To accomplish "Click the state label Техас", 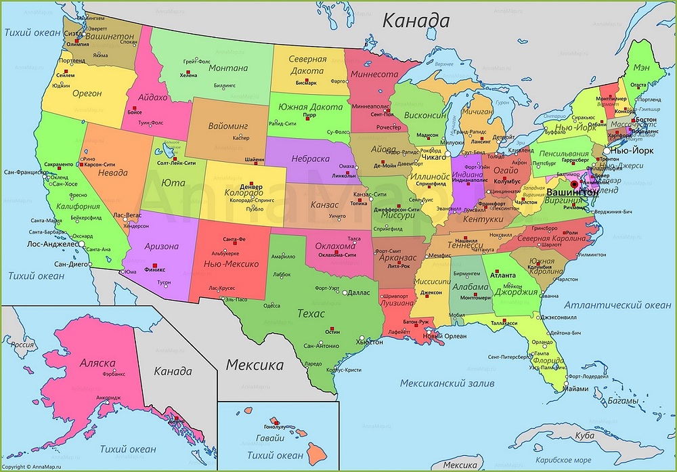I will (311, 314).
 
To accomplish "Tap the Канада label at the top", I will (416, 20).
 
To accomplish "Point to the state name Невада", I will (113, 173).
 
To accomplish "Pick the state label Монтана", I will (228, 68).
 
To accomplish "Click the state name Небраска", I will (310, 158).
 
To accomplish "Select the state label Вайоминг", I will (228, 126).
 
